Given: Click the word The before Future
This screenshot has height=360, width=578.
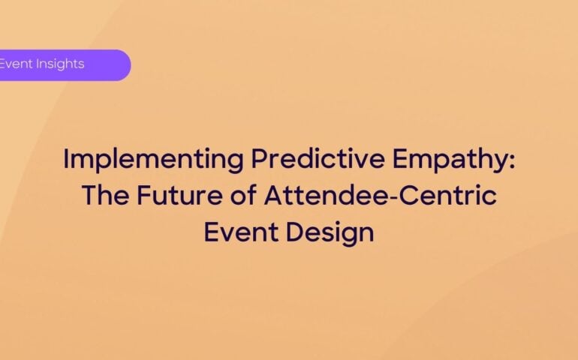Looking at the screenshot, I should [106, 196].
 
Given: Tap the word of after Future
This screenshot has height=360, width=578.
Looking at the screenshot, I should [246, 196].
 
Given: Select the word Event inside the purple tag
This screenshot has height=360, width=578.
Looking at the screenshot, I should [14, 64].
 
